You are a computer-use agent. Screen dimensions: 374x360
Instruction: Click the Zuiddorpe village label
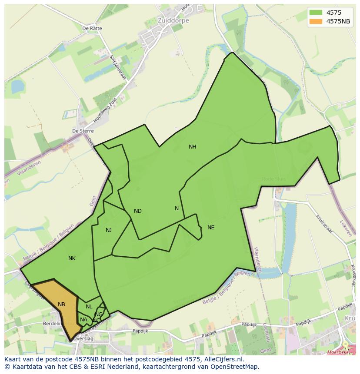pyautogui.click(x=161, y=20)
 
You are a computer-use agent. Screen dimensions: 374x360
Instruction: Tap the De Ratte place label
pyautogui.click(x=92, y=28)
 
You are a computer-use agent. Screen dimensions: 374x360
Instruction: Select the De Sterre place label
pyautogui.click(x=83, y=131)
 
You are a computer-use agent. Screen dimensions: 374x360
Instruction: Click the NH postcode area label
pyautogui.click(x=192, y=147)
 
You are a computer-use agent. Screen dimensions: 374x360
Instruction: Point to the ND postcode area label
pyautogui.click(x=137, y=211)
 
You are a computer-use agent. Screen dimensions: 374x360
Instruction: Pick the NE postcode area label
pyautogui.click(x=211, y=228)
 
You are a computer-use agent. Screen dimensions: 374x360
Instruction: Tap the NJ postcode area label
pyautogui.click(x=109, y=230)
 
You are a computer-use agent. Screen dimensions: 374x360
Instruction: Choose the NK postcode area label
pyautogui.click(x=72, y=258)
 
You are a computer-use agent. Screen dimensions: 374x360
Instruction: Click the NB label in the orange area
pyautogui.click(x=61, y=304)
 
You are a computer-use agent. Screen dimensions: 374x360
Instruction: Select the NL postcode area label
pyautogui.click(x=89, y=307)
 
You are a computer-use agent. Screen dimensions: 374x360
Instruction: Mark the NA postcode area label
pyautogui.click(x=83, y=320)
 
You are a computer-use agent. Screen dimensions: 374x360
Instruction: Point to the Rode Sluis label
pyautogui.click(x=274, y=179)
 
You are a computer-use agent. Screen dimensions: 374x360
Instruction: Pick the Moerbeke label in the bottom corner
pyautogui.click(x=338, y=352)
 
